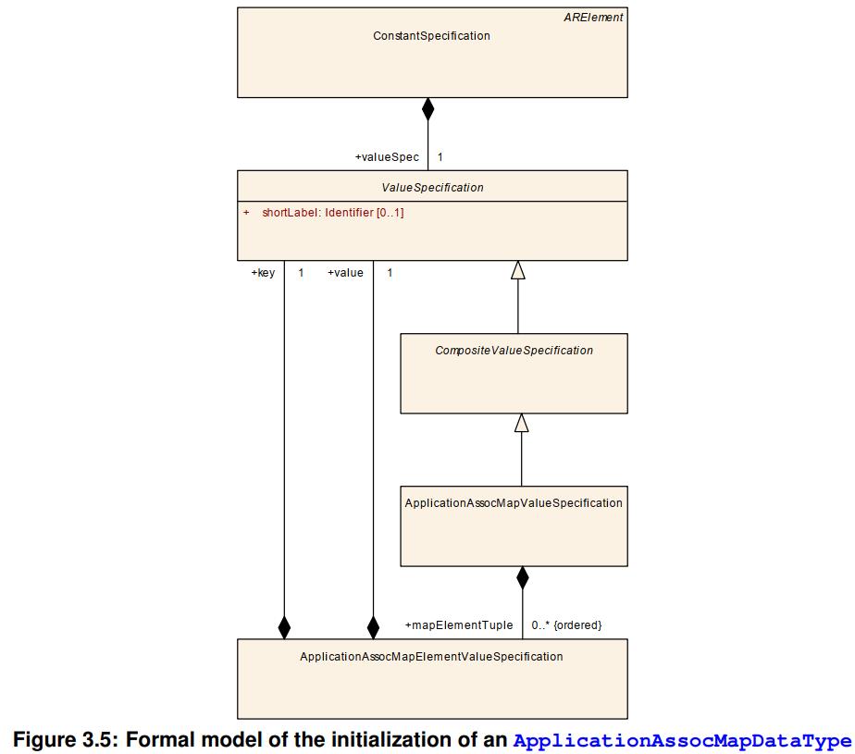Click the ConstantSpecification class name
[431, 36]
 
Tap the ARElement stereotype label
[593, 18]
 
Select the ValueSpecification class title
[432, 188]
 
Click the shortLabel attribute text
[332, 213]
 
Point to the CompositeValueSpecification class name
[514, 351]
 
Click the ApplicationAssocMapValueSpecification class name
[514, 503]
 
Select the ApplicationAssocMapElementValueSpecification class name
[431, 657]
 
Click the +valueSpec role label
[387, 157]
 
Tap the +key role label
[263, 273]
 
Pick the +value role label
[345, 273]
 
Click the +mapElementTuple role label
[458, 625]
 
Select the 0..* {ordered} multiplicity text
[566, 625]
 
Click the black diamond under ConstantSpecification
[427, 109]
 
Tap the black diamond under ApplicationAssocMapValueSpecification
[523, 578]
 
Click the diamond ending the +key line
[284, 627]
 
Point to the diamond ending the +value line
[373, 627]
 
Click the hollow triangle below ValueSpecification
[518, 270]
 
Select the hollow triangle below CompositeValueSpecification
[522, 423]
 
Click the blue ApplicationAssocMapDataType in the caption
[681, 741]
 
